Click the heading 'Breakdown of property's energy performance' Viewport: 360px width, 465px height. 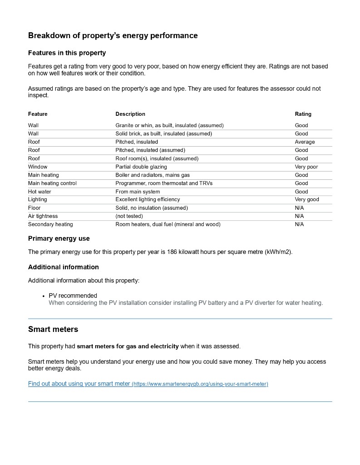coord(113,35)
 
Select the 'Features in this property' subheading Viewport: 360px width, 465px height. coord(67,53)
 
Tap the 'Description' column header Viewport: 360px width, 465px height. coord(130,114)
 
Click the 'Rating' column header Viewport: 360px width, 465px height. coord(303,114)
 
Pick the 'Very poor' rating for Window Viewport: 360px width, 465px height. coord(306,167)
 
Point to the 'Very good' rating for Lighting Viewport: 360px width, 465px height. coord(307,199)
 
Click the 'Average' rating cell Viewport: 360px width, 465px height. coord(305,142)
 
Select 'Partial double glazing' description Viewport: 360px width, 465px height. coord(141,167)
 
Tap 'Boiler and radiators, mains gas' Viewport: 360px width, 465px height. coord(153,175)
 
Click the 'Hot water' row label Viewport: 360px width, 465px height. coord(39,192)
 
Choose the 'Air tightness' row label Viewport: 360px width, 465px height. coord(43,216)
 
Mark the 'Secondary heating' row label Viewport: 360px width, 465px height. coord(50,224)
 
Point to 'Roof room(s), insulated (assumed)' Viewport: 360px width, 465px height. coord(157,158)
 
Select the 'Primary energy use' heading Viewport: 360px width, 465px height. coord(59,238)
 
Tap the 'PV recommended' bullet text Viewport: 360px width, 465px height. coord(73,296)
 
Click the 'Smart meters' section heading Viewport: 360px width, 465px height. coord(53,329)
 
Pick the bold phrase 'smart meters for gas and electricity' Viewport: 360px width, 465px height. coord(128,346)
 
